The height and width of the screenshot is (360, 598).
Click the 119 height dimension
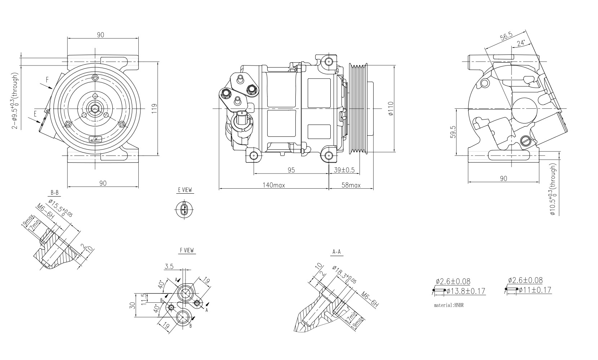[x=154, y=108]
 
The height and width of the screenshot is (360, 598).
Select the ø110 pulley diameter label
[x=391, y=108]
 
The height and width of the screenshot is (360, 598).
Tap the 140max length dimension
[x=274, y=185]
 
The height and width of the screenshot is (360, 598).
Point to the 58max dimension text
[x=351, y=185]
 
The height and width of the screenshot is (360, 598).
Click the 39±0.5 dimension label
[x=344, y=170]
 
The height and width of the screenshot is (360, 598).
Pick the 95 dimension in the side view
[x=291, y=170]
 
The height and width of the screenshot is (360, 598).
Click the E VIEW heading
[x=185, y=190]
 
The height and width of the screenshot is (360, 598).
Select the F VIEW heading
[x=187, y=250]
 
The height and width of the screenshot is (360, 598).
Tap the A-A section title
[x=336, y=252]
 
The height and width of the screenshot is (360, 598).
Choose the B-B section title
[x=54, y=193]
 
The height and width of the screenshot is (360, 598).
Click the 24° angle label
[x=521, y=43]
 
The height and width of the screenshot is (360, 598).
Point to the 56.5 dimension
[x=506, y=37]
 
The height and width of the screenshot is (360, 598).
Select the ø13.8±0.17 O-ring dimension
[x=465, y=291]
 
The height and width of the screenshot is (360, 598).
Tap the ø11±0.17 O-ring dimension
[x=535, y=289]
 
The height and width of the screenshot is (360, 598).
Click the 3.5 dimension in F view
[x=169, y=266]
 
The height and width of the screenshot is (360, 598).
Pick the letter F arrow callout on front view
[x=47, y=79]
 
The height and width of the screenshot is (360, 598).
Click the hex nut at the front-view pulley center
[x=95, y=108]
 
